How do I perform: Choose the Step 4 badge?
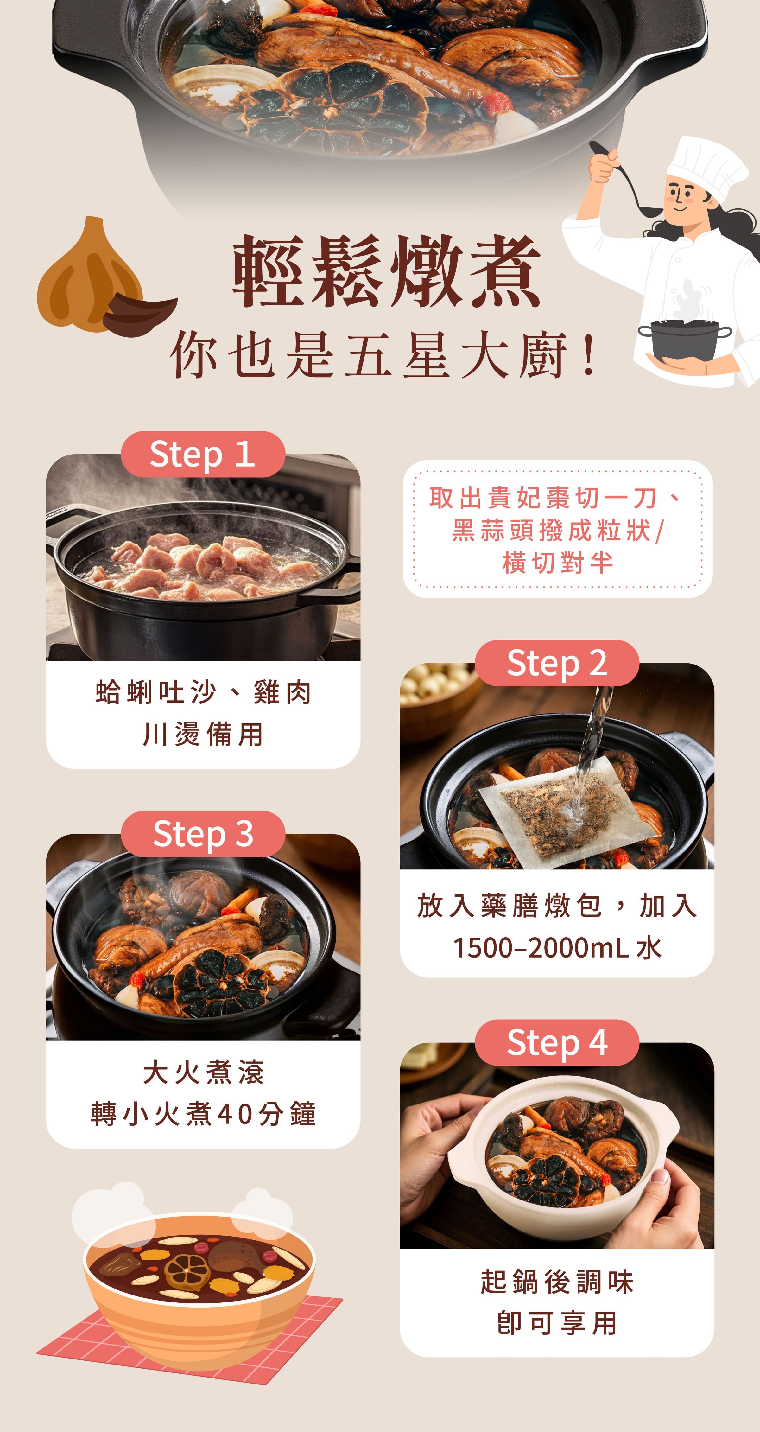click(556, 1042)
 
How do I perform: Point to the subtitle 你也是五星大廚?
click(383, 355)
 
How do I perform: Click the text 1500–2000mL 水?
click(556, 948)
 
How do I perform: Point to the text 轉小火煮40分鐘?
click(203, 1113)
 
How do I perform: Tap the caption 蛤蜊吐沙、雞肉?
click(203, 693)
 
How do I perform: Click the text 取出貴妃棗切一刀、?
click(556, 498)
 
